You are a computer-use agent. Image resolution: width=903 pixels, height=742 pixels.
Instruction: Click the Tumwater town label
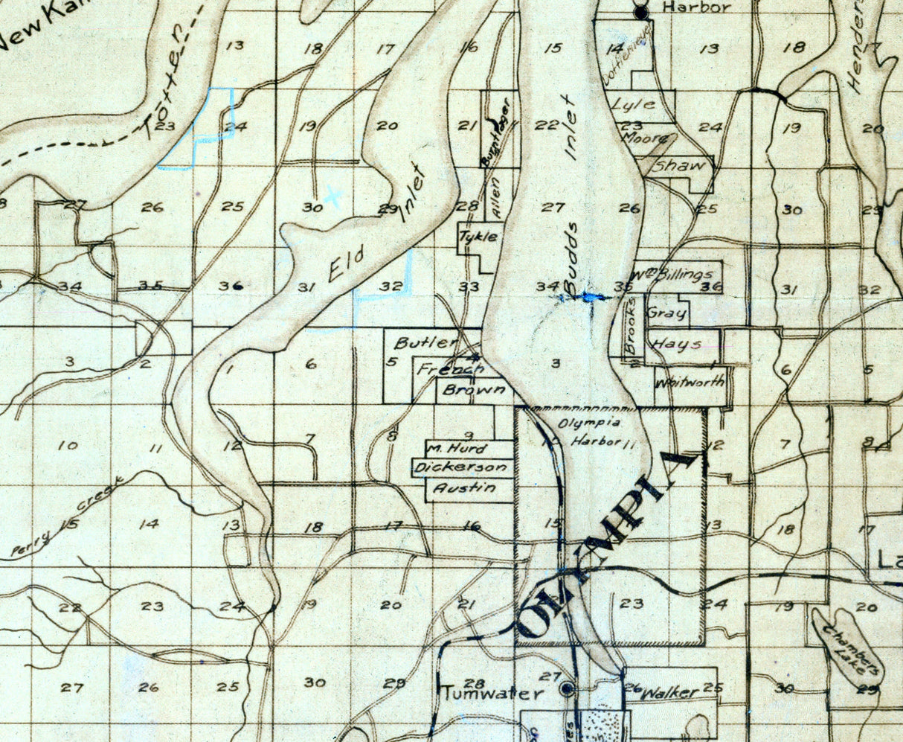[491, 694]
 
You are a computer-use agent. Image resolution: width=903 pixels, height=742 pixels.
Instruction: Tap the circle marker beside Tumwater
[568, 688]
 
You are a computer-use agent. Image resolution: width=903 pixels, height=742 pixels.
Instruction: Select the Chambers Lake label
[852, 648]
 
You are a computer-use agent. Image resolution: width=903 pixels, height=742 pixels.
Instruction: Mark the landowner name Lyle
[633, 105]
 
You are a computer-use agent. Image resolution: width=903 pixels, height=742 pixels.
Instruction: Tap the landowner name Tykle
[477, 237]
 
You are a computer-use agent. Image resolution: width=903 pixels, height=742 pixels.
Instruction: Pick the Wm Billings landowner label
[676, 274]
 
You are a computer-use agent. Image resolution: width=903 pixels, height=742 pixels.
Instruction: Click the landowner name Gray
[666, 313]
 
